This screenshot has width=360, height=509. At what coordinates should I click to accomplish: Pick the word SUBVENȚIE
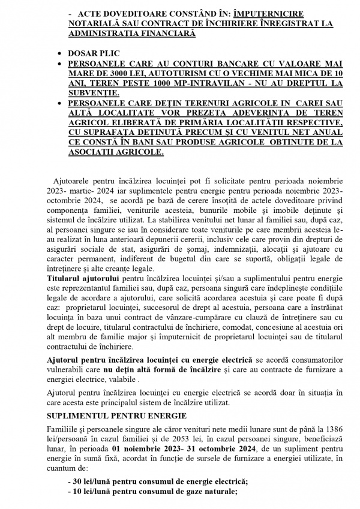(93, 93)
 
